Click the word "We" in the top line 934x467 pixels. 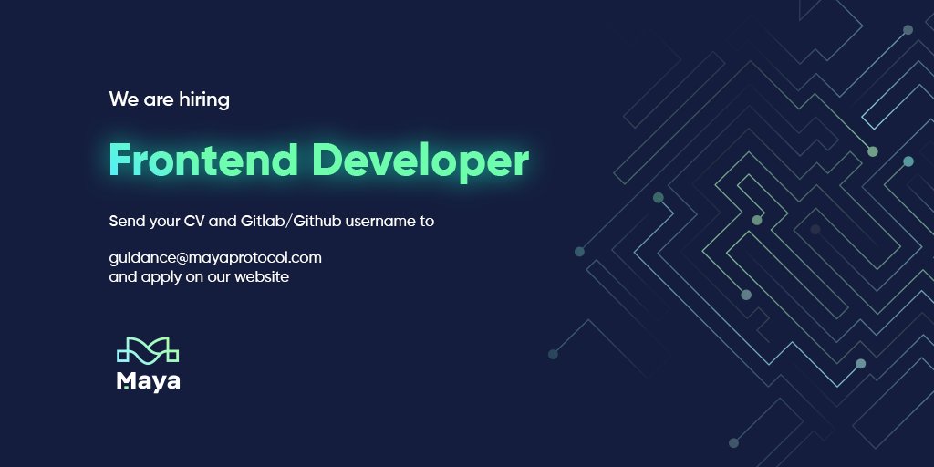tap(123, 99)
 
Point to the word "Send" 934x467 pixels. tap(126, 222)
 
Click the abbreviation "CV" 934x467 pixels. tap(206, 222)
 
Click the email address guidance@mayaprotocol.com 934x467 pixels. tap(215, 258)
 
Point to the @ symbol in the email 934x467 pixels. tap(182, 258)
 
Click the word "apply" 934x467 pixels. tap(159, 277)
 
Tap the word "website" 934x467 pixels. tap(262, 276)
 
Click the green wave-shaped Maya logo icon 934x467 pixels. tap(148, 350)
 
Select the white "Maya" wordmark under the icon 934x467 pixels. tap(148, 380)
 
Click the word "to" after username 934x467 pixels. tap(426, 222)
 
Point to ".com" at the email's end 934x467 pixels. tap(306, 258)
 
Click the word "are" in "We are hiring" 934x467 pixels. tap(153, 100)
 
